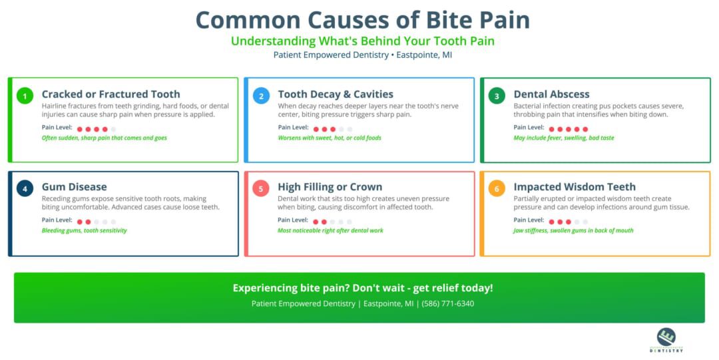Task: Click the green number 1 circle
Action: click(x=25, y=96)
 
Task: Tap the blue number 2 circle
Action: click(x=261, y=96)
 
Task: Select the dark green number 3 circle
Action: click(x=497, y=96)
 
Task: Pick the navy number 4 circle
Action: click(x=25, y=188)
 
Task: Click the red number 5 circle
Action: click(x=261, y=188)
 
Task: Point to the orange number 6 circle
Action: click(x=497, y=188)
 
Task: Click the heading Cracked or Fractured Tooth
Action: click(x=111, y=94)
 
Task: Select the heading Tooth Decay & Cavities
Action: click(x=336, y=94)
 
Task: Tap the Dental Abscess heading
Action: click(x=551, y=94)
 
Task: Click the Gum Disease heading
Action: click(x=74, y=187)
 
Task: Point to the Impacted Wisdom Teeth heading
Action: click(x=575, y=187)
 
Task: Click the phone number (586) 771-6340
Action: click(x=448, y=303)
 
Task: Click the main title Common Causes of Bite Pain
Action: click(x=362, y=19)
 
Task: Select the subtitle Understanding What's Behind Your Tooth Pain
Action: click(x=362, y=41)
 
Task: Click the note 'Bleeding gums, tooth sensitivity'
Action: click(x=84, y=231)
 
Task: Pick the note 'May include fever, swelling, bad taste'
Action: click(x=564, y=138)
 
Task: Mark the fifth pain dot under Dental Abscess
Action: click(x=585, y=129)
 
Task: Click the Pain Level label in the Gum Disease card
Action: click(x=57, y=220)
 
